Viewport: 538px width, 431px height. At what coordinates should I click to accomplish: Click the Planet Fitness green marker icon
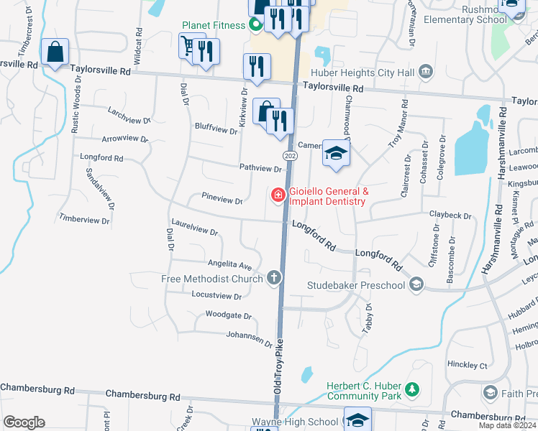click(x=255, y=27)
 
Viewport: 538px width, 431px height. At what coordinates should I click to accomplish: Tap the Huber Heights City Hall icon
click(x=426, y=71)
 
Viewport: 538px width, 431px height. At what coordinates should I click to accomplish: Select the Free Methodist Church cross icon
click(x=273, y=277)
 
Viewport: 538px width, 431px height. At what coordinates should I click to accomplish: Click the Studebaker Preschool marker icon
click(x=416, y=286)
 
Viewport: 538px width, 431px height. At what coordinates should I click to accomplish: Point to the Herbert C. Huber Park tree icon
click(x=412, y=390)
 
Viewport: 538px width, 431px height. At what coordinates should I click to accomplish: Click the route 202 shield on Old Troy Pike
click(x=289, y=156)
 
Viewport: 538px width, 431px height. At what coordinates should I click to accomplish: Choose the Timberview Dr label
click(x=84, y=219)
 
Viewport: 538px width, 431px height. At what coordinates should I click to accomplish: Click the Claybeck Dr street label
click(x=450, y=215)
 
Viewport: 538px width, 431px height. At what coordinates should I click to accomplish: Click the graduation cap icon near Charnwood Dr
click(x=335, y=154)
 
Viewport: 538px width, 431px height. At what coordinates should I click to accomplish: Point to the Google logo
click(x=24, y=422)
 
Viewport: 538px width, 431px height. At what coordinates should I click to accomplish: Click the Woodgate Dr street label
click(x=228, y=315)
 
